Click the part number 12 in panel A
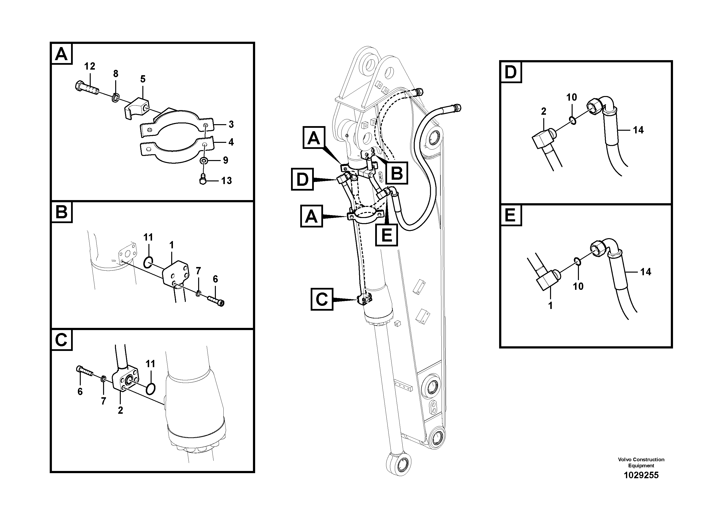pos(90,66)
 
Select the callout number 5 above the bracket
pos(143,79)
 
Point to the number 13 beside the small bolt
pos(227,181)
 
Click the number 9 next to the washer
pos(226,160)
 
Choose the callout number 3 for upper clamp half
pos(231,124)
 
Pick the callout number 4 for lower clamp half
pos(231,142)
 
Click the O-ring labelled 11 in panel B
pos(148,262)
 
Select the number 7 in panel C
pos(104,401)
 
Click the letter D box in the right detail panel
pos(511,72)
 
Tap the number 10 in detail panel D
pos(572,97)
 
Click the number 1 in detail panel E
pos(550,305)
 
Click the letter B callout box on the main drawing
pos(397,173)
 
